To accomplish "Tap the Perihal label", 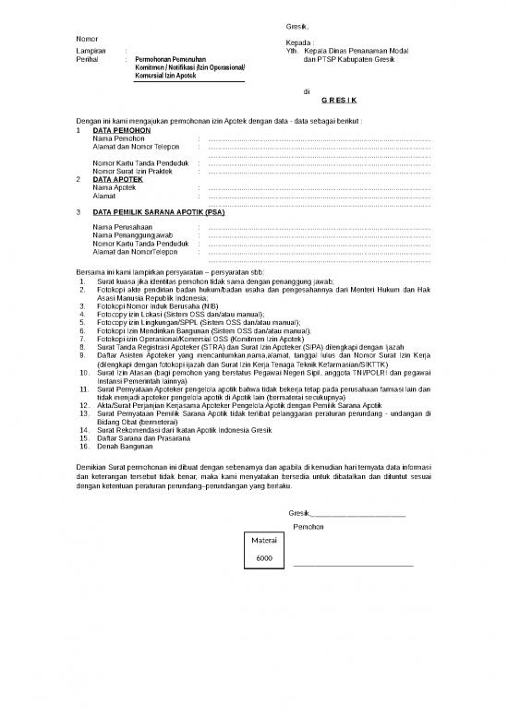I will (85, 59).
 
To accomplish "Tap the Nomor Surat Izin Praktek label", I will (134, 171).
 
